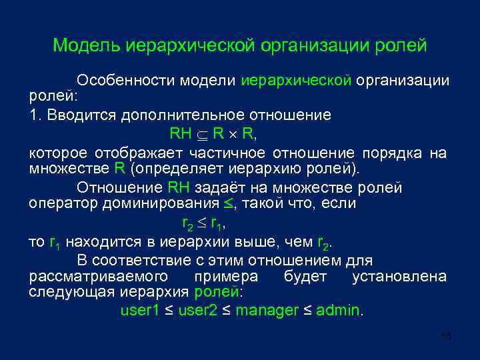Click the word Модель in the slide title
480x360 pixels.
[83, 46]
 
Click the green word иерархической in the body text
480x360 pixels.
[296, 81]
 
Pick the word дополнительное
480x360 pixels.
[175, 115]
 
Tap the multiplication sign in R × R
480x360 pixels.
[233, 133]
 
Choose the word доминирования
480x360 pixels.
[160, 203]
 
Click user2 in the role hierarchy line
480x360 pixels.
[197, 311]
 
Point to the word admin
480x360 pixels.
[337, 311]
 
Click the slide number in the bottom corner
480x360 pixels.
[447, 337]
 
